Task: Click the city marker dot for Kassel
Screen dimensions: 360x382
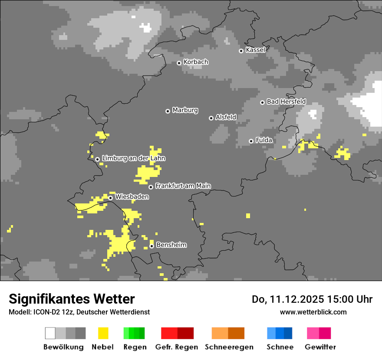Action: (x=241, y=51)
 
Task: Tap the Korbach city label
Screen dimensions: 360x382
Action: (x=196, y=62)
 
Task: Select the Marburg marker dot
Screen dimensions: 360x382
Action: (x=168, y=111)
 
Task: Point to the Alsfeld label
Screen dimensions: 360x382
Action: (x=226, y=117)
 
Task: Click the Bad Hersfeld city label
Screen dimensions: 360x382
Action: (x=286, y=101)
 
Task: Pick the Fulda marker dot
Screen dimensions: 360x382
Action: (x=251, y=141)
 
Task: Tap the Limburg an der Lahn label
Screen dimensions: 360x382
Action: (x=133, y=158)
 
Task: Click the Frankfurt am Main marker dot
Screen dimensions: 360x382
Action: (x=151, y=187)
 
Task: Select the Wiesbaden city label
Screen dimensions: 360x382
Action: (x=132, y=197)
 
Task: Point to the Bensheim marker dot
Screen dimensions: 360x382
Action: (x=151, y=246)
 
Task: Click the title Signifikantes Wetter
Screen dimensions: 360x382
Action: (x=72, y=299)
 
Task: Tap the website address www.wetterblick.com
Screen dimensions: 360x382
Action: (x=313, y=312)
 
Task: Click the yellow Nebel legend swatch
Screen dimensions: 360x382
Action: (x=103, y=333)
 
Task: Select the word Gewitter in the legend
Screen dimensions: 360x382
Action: (x=320, y=347)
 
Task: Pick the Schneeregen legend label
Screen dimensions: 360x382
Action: (x=229, y=347)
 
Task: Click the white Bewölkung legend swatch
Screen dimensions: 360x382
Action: (x=50, y=333)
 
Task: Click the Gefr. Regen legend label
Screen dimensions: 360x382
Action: (x=177, y=347)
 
